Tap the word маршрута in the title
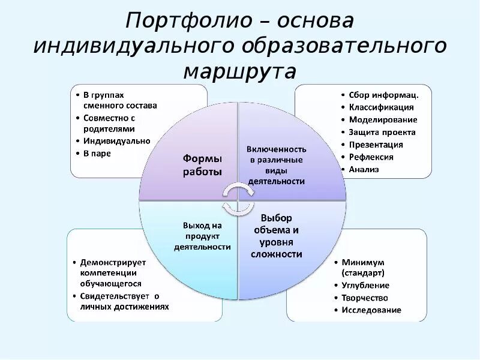tap(240, 71)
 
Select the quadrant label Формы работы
tap(202, 165)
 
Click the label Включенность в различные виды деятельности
tap(277, 165)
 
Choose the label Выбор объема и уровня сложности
tap(277, 236)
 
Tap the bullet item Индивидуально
tap(116, 141)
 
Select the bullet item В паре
tap(97, 154)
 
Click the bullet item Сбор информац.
tap(384, 95)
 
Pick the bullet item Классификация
tap(382, 107)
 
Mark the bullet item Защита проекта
tap(382, 132)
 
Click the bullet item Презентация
tap(376, 145)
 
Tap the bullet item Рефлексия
tap(371, 157)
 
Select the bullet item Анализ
tap(364, 169)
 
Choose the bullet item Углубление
tap(365, 286)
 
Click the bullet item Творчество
tap(365, 298)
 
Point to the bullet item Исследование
tap(371, 310)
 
